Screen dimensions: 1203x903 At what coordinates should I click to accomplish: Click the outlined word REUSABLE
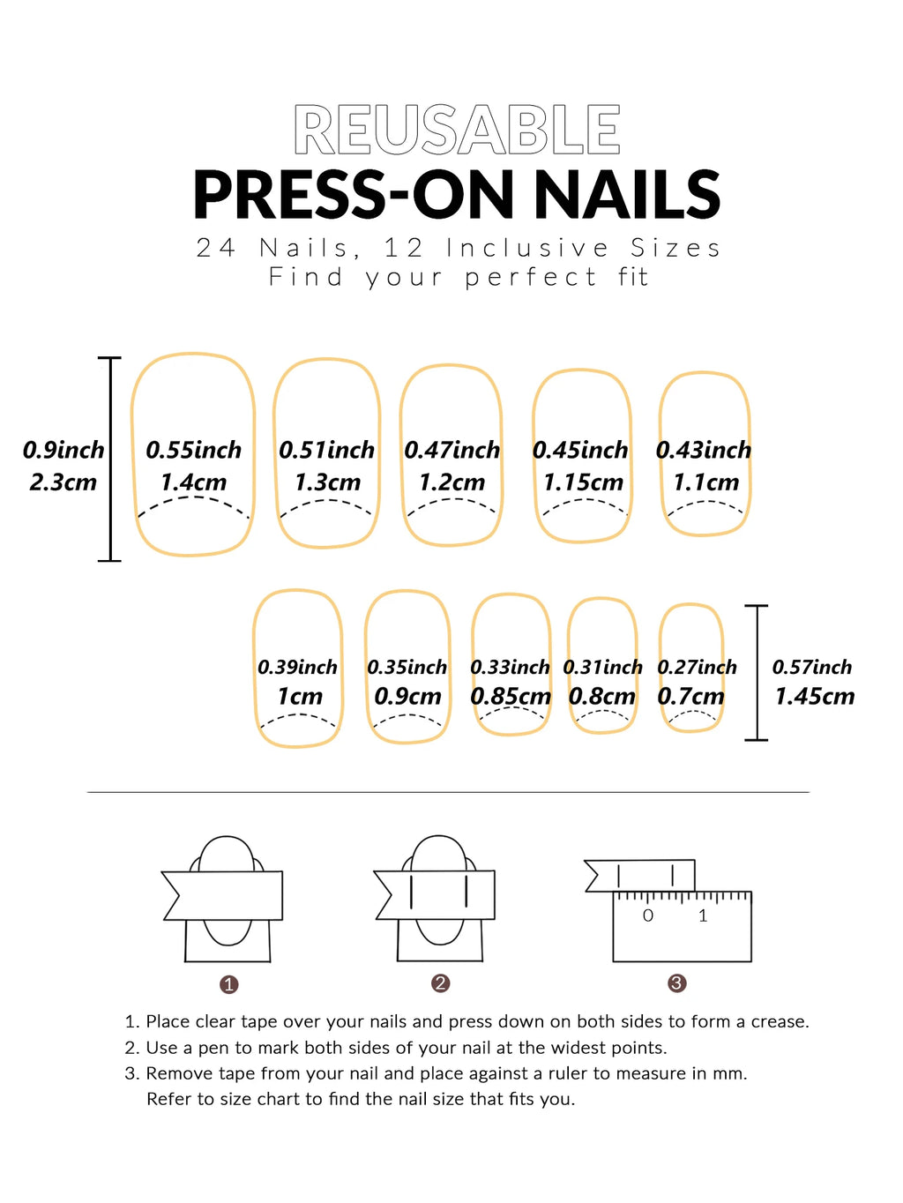457,131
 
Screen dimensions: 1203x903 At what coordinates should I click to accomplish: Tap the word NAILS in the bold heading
627,195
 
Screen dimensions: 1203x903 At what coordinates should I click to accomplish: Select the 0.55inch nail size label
193,450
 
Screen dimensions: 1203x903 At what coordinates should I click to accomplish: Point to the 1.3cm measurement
327,482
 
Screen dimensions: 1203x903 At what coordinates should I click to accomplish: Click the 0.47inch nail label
451,450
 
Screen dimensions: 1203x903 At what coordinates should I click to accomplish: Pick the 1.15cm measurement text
583,482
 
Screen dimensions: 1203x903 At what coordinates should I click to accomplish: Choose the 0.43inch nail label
703,450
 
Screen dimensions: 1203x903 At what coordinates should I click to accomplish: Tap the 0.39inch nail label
297,668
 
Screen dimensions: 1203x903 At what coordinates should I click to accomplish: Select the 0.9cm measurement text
407,697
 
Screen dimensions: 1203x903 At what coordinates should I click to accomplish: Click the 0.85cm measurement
511,697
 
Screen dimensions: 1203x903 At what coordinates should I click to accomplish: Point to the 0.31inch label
602,668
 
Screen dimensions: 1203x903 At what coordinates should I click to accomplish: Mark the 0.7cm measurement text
690,697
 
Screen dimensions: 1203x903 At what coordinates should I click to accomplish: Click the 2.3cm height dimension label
63,482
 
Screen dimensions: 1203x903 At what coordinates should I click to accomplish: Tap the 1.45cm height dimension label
814,697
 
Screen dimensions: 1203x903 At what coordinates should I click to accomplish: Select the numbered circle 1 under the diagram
229,984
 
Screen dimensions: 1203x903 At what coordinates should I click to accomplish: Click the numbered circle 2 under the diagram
441,983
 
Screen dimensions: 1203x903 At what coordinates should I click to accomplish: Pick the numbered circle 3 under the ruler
677,983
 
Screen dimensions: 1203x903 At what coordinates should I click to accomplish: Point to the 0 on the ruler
648,916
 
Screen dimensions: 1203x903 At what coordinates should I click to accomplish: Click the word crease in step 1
779,1021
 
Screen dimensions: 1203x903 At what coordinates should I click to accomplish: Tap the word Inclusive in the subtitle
526,249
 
